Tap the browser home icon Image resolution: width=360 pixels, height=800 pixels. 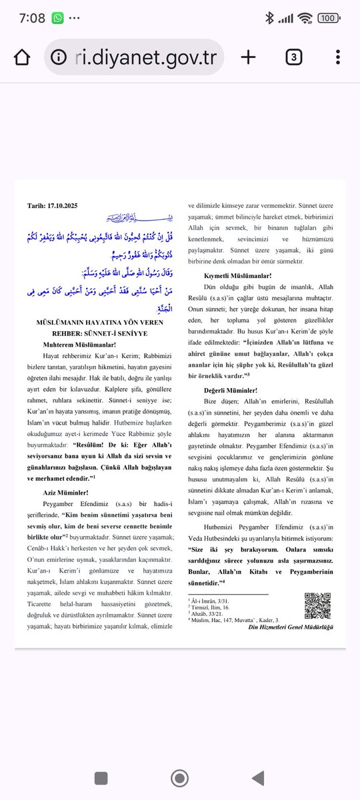point(22,57)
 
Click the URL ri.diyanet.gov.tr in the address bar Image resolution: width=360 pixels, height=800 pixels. point(137,57)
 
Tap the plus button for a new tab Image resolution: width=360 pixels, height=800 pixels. point(248,57)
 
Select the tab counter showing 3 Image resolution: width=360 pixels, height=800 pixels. point(293,57)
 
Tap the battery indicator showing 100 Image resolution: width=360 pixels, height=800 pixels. point(328,18)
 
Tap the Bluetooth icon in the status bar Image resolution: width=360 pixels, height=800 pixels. point(269,18)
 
